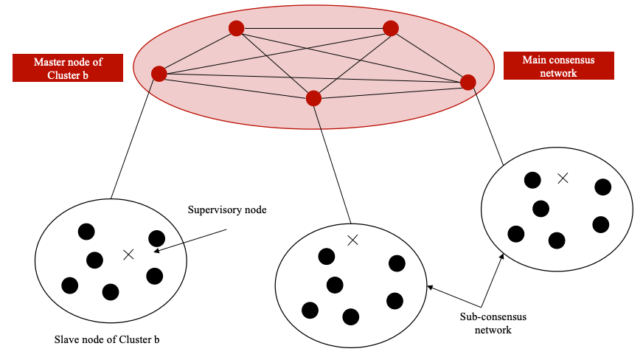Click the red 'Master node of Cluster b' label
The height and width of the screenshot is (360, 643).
[x=68, y=68]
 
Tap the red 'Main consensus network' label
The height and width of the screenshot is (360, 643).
[x=558, y=66]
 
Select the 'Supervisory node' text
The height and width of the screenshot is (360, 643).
[x=226, y=210]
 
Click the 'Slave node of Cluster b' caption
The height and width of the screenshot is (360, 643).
[x=107, y=340]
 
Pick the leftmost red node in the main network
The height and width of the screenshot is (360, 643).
[x=159, y=74]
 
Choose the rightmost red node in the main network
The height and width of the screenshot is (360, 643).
[x=468, y=82]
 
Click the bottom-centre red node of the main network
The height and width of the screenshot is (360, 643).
[x=313, y=97]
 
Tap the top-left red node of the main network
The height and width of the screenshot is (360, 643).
[x=236, y=29]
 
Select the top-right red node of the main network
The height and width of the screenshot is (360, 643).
[x=391, y=28]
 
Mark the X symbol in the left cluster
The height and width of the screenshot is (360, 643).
[x=128, y=255]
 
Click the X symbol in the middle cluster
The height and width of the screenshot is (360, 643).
[x=352, y=239]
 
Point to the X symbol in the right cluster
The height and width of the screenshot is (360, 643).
[x=563, y=177]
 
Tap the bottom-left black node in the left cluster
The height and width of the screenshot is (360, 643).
[x=70, y=285]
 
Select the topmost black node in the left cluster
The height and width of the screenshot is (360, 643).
[x=86, y=232]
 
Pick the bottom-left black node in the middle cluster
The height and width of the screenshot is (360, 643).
[x=310, y=310]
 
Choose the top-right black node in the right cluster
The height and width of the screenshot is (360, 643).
[x=603, y=187]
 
